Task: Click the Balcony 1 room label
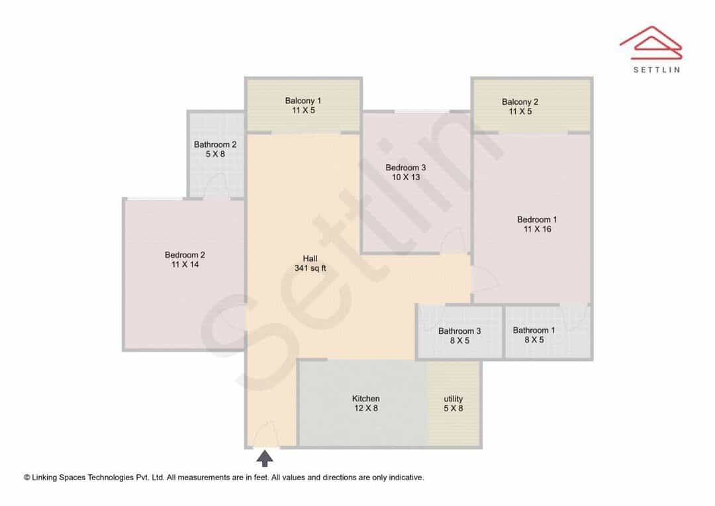[x=303, y=101]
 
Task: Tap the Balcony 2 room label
[x=520, y=102]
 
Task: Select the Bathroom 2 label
[x=215, y=144]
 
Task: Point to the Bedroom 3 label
[x=406, y=168]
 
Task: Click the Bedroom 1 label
[x=537, y=219]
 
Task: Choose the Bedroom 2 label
[x=185, y=255]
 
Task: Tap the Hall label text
[x=310, y=259]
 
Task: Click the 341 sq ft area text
[x=310, y=268]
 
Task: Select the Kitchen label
[x=365, y=399]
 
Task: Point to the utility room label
[x=453, y=399]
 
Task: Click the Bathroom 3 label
[x=459, y=331]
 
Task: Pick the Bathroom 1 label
[x=534, y=330]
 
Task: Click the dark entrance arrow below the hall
[x=264, y=458]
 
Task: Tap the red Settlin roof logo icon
[x=651, y=43]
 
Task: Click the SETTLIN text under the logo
[x=657, y=70]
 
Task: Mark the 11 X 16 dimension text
[x=537, y=229]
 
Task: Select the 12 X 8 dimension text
[x=365, y=409]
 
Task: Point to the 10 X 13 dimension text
[x=406, y=177]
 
